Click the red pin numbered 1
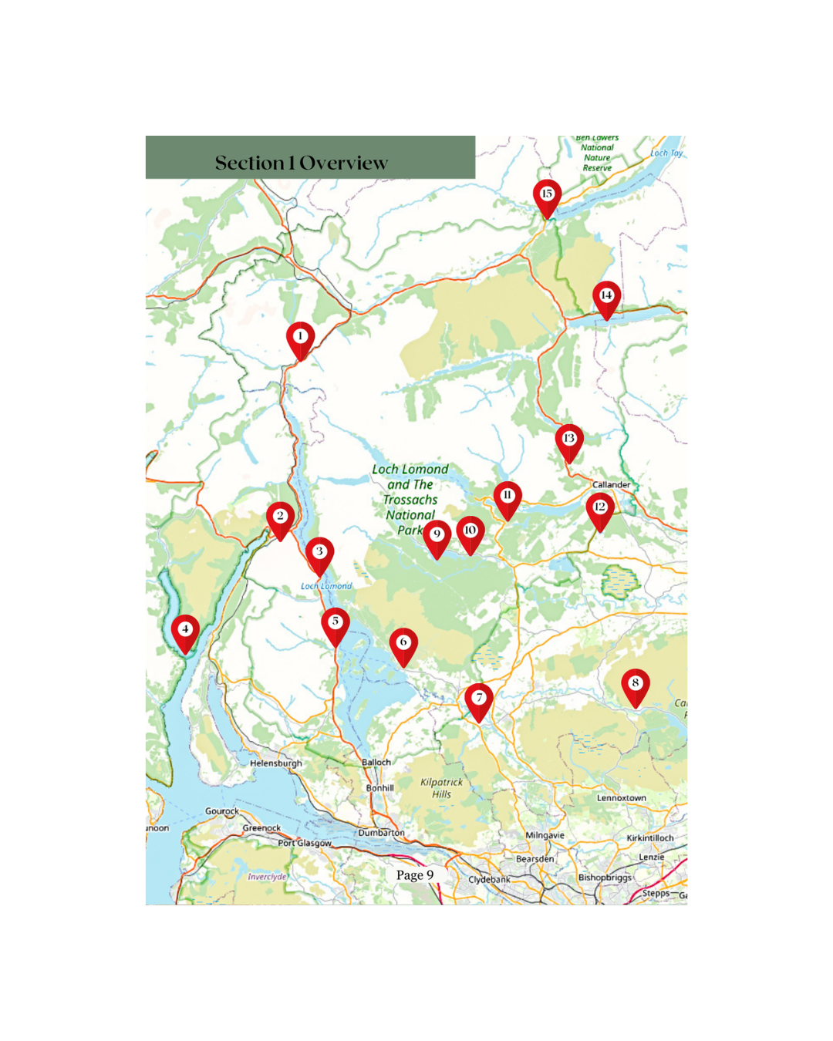pos(300,338)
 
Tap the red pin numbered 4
pos(185,630)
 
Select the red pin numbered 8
pos(636,684)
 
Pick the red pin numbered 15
pos(547,195)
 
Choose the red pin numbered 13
pos(569,440)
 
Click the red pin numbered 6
pos(403,643)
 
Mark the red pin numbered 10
pos(470,531)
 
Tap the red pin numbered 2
pos(280,517)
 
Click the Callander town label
pos(611,485)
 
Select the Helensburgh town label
pos(276,763)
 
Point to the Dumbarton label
pos(381,833)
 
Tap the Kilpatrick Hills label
pos(441,787)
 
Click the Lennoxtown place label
pos(621,798)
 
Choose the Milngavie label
pos(545,835)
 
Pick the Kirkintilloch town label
pos(649,838)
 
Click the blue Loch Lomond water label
pos(326,586)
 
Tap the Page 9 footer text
pos(415,875)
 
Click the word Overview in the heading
pos(343,163)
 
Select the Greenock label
pos(261,828)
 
